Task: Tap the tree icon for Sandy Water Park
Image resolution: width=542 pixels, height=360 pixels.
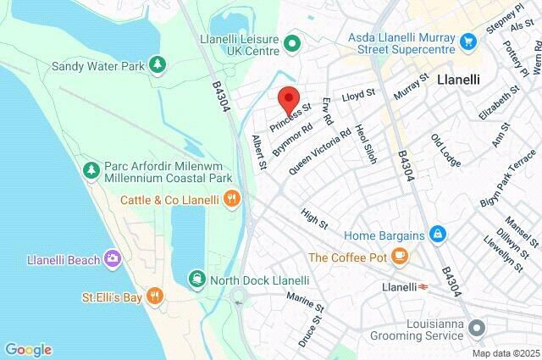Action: coord(157,64)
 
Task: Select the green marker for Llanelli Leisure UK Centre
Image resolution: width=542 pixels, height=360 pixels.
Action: coord(293,42)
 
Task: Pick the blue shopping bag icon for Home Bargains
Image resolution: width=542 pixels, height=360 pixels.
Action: coord(437,232)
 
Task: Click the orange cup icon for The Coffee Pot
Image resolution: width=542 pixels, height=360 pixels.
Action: coord(401,257)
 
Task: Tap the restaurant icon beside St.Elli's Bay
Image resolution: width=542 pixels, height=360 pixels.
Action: coord(153,296)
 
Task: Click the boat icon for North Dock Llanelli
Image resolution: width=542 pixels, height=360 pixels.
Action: coord(196,280)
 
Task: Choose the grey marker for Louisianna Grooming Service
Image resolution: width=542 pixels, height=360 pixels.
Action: coord(477,327)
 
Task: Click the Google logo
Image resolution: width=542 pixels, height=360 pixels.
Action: coord(28,349)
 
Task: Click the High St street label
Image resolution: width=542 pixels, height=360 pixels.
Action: coord(314,219)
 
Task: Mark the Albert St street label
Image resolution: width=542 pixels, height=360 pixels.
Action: coord(260,150)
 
